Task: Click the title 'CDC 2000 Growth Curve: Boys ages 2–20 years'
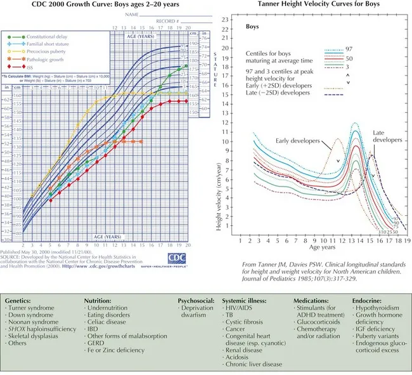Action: [105, 4]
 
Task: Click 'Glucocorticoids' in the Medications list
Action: [318, 323]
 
